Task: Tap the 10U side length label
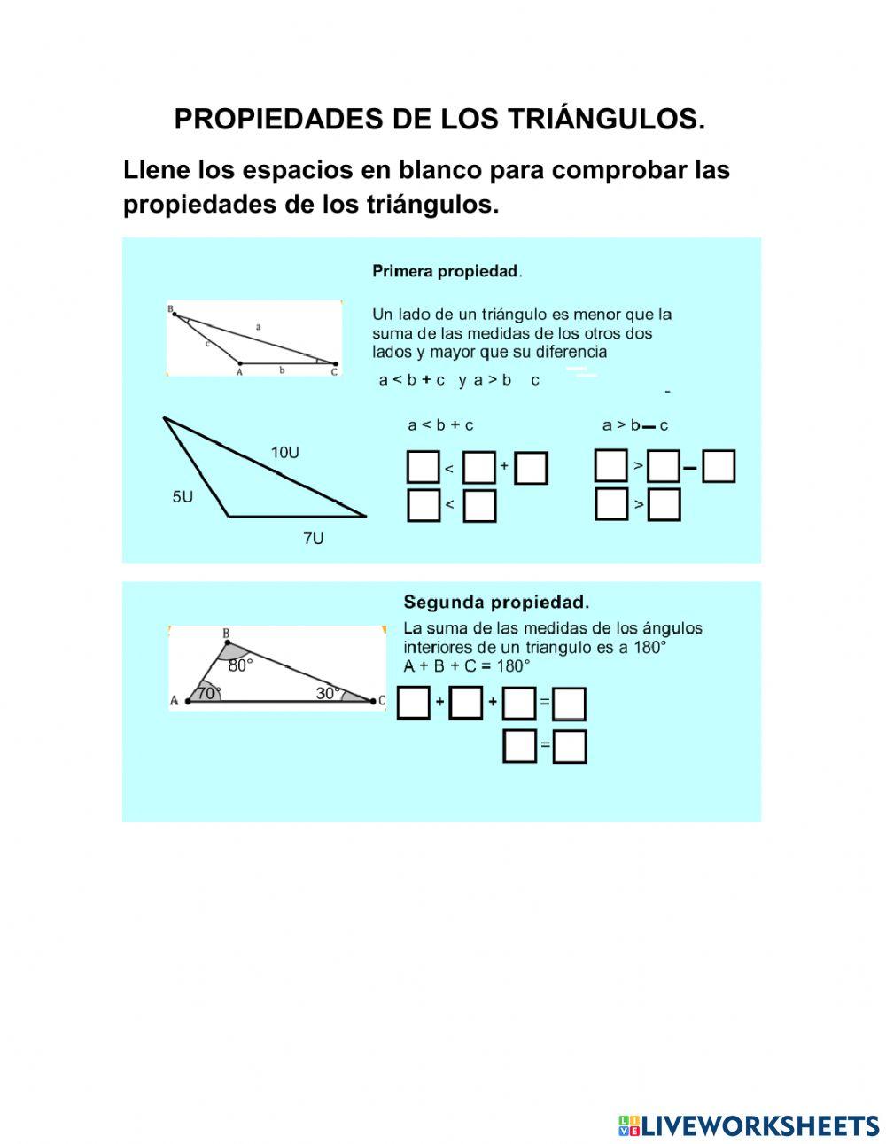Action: point(284,453)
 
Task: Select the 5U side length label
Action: point(183,497)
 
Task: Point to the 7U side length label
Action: point(313,538)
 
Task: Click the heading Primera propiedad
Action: point(447,271)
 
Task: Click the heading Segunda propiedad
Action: point(496,603)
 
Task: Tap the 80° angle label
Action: point(240,665)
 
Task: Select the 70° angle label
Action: point(208,693)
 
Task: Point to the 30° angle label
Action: point(328,693)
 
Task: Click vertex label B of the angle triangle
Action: point(226,634)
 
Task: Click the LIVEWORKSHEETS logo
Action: point(749,1125)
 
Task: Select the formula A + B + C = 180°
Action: point(466,666)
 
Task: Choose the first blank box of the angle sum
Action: point(414,703)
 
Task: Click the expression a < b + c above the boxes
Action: point(440,425)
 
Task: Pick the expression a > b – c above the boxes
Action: point(635,425)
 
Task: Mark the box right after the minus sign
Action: point(719,466)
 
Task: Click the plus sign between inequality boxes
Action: point(504,465)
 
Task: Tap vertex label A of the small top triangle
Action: point(239,371)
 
